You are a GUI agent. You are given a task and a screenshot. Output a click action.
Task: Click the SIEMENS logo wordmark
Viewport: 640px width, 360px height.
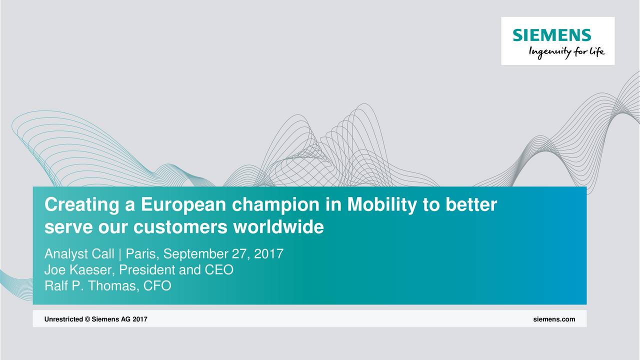[551, 35]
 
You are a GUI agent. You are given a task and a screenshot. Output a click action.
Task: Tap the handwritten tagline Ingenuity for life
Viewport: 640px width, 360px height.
[567, 52]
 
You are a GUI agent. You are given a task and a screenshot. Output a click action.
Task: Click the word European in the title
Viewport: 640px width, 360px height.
[183, 205]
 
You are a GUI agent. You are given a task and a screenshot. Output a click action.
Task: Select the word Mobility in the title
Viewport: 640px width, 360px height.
[381, 205]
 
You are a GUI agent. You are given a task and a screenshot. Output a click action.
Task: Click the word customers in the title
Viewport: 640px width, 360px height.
[180, 227]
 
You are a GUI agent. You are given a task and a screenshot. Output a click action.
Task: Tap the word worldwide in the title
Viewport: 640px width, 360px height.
[278, 227]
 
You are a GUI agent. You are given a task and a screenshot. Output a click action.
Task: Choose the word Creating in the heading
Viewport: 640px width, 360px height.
[81, 205]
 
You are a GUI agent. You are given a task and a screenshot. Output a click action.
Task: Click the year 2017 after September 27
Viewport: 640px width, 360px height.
[268, 254]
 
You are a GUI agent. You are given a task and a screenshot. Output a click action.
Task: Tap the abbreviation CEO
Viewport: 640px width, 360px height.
[219, 270]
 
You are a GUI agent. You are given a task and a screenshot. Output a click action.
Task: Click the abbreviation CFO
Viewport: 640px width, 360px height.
[157, 286]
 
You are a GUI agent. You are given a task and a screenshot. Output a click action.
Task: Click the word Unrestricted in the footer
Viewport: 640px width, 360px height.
[63, 319]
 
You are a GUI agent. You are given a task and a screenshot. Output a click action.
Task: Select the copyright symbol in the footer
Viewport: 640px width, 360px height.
[87, 319]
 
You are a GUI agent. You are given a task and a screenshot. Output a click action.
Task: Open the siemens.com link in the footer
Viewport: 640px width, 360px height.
[554, 319]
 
